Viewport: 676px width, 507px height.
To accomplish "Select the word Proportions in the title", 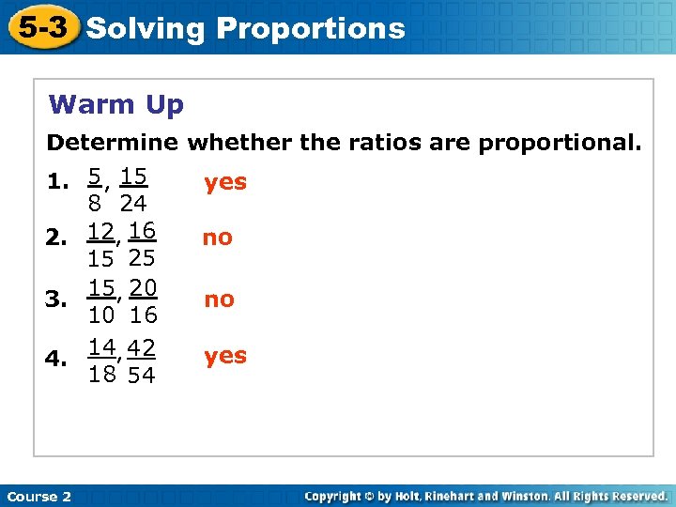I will coord(311,28).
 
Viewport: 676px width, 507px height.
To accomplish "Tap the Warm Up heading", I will coord(116,104).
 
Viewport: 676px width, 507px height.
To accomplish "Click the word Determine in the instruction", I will coord(113,143).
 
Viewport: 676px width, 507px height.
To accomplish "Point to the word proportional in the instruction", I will coord(561,143).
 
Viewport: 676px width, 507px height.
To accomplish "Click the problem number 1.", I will coord(58,182).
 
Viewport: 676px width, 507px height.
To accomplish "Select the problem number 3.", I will coord(58,300).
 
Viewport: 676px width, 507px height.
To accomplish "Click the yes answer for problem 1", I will coord(225,182).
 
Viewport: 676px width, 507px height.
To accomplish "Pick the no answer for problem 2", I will coord(217,238).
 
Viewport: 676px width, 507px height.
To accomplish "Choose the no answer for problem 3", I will coord(219,300).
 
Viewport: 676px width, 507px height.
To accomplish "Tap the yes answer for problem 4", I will coord(225,356).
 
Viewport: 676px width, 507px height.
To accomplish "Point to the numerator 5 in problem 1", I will coord(95,176).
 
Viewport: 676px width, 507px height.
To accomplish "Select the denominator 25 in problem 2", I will coord(141,258).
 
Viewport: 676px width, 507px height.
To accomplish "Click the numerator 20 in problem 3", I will coord(142,286).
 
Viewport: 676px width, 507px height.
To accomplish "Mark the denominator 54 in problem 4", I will coord(141,376).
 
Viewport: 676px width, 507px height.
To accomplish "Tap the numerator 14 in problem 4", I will coord(102,347).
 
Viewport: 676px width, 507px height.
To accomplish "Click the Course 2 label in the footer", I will coord(38,496).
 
